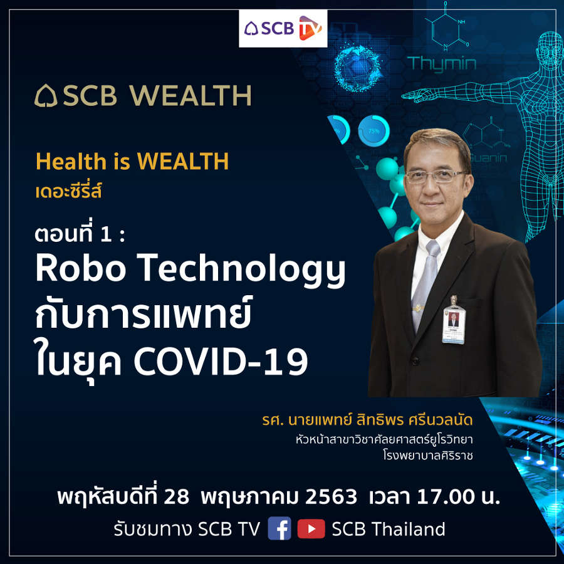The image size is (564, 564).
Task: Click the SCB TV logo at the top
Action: click(x=283, y=28)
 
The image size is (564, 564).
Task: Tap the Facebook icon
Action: click(x=279, y=528)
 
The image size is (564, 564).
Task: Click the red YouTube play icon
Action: click(x=311, y=529)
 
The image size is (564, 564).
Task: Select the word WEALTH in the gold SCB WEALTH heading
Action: click(x=191, y=96)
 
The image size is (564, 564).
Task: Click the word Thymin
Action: click(x=442, y=64)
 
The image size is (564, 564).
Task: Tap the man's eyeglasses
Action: click(x=436, y=176)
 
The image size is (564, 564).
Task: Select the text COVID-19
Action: click(x=221, y=362)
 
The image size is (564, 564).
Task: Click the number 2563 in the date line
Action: click(x=331, y=497)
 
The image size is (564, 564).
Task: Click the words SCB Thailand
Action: click(x=389, y=529)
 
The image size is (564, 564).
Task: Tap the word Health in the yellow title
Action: click(x=71, y=161)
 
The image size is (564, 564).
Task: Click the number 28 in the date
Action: click(x=177, y=497)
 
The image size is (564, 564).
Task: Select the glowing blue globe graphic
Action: click(x=358, y=67)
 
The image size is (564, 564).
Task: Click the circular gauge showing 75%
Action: click(x=373, y=130)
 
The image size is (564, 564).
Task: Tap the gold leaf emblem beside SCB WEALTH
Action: click(x=46, y=96)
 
